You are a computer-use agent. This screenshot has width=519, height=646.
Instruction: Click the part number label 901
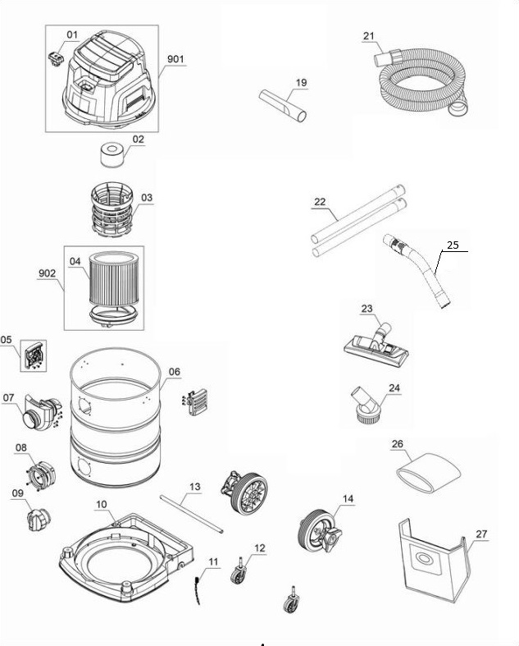(175, 60)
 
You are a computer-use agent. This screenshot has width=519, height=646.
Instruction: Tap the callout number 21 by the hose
(368, 36)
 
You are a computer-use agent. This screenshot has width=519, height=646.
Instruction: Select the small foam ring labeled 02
(110, 154)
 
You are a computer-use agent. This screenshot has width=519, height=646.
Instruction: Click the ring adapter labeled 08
(37, 474)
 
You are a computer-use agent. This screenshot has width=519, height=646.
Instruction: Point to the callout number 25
(452, 245)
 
